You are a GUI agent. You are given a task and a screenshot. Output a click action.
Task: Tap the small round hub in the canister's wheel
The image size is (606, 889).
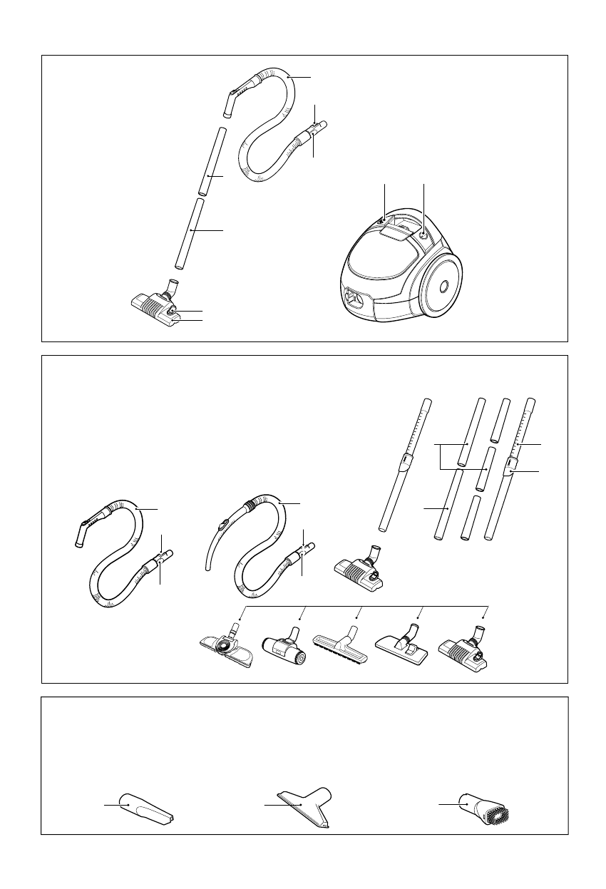(443, 286)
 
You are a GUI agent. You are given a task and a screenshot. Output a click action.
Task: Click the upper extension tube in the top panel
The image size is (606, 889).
(212, 160)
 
